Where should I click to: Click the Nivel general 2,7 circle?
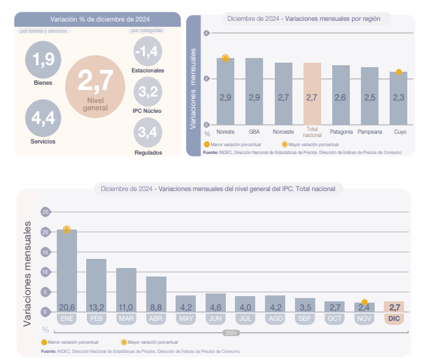coord(95,85)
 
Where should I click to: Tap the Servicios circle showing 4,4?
coord(43,117)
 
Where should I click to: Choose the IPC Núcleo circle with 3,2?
coord(148,92)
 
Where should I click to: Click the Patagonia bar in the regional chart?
coord(340,95)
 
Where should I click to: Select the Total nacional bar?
coord(312,93)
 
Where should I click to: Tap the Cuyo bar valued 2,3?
coord(398,98)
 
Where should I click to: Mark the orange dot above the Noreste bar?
coord(226,59)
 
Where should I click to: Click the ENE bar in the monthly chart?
coord(67,270)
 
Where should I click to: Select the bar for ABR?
coord(156,293)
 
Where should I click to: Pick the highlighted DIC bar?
coord(394,307)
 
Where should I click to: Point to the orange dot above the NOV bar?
coord(364,302)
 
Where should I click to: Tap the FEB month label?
coord(97,319)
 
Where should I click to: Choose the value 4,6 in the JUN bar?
coord(215,307)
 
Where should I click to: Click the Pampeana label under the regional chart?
coord(369,132)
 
